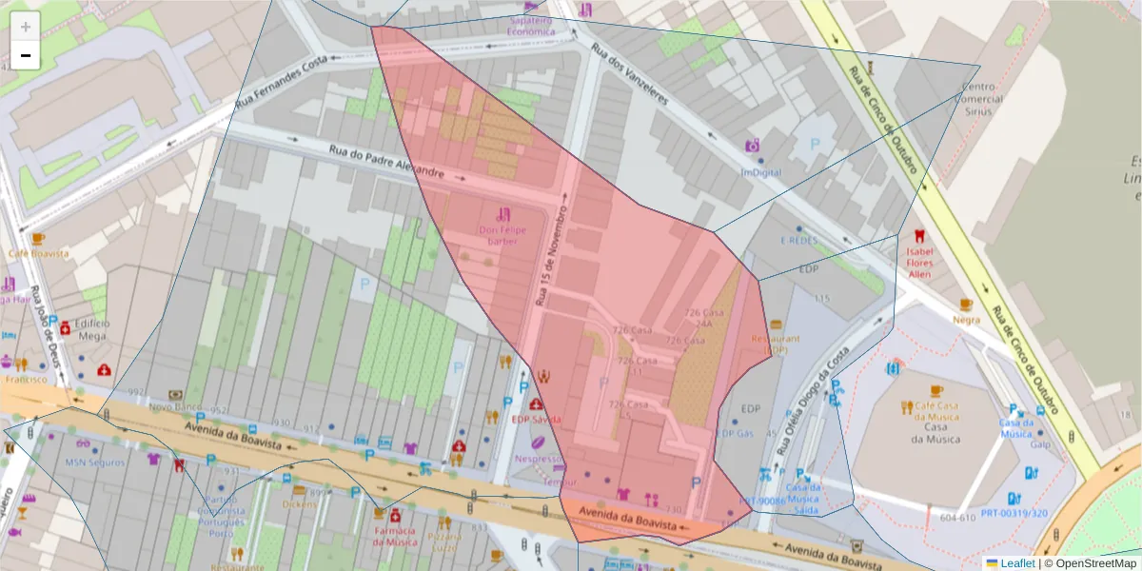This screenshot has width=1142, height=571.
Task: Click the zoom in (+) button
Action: [x=26, y=27]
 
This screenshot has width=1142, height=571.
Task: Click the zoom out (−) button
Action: [x=26, y=55]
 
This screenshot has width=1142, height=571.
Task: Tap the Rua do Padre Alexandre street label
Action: [x=387, y=162]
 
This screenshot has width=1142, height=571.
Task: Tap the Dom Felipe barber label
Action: [x=502, y=235]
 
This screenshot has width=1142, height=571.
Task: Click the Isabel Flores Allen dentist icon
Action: [x=918, y=235]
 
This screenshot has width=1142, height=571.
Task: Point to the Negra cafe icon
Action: [x=966, y=305]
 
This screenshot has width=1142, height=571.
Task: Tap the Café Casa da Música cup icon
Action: [x=935, y=391]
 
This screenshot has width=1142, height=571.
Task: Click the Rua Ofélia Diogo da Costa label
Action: [x=809, y=400]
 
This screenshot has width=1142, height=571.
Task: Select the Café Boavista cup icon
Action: [x=38, y=239]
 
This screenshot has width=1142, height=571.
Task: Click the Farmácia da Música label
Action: [x=395, y=536]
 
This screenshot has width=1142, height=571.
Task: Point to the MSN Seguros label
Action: [x=94, y=463]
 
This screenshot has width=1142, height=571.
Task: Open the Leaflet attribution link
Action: [x=1016, y=563]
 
